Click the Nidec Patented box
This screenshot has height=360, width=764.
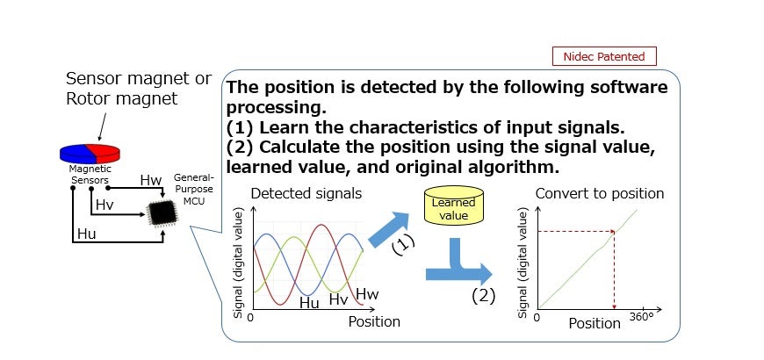point(604,56)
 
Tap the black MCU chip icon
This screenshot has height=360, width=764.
point(162,212)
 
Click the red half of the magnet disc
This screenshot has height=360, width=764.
point(104,153)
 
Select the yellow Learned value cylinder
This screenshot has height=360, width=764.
point(454,205)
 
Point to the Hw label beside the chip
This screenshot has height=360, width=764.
point(150,180)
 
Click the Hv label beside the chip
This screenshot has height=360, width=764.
point(105,205)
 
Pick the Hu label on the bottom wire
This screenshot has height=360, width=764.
point(87,234)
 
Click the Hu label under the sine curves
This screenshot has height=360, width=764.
point(309,303)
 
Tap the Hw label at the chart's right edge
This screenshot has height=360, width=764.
point(367,294)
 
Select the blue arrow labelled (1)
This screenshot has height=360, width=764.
point(388,229)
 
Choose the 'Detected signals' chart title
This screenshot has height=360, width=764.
point(306,193)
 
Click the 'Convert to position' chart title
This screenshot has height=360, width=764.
point(600,193)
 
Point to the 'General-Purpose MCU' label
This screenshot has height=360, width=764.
point(194,188)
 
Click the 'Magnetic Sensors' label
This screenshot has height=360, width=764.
point(90,175)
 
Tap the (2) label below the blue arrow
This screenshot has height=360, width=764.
point(483,296)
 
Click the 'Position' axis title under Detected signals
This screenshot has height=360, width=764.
point(374,321)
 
